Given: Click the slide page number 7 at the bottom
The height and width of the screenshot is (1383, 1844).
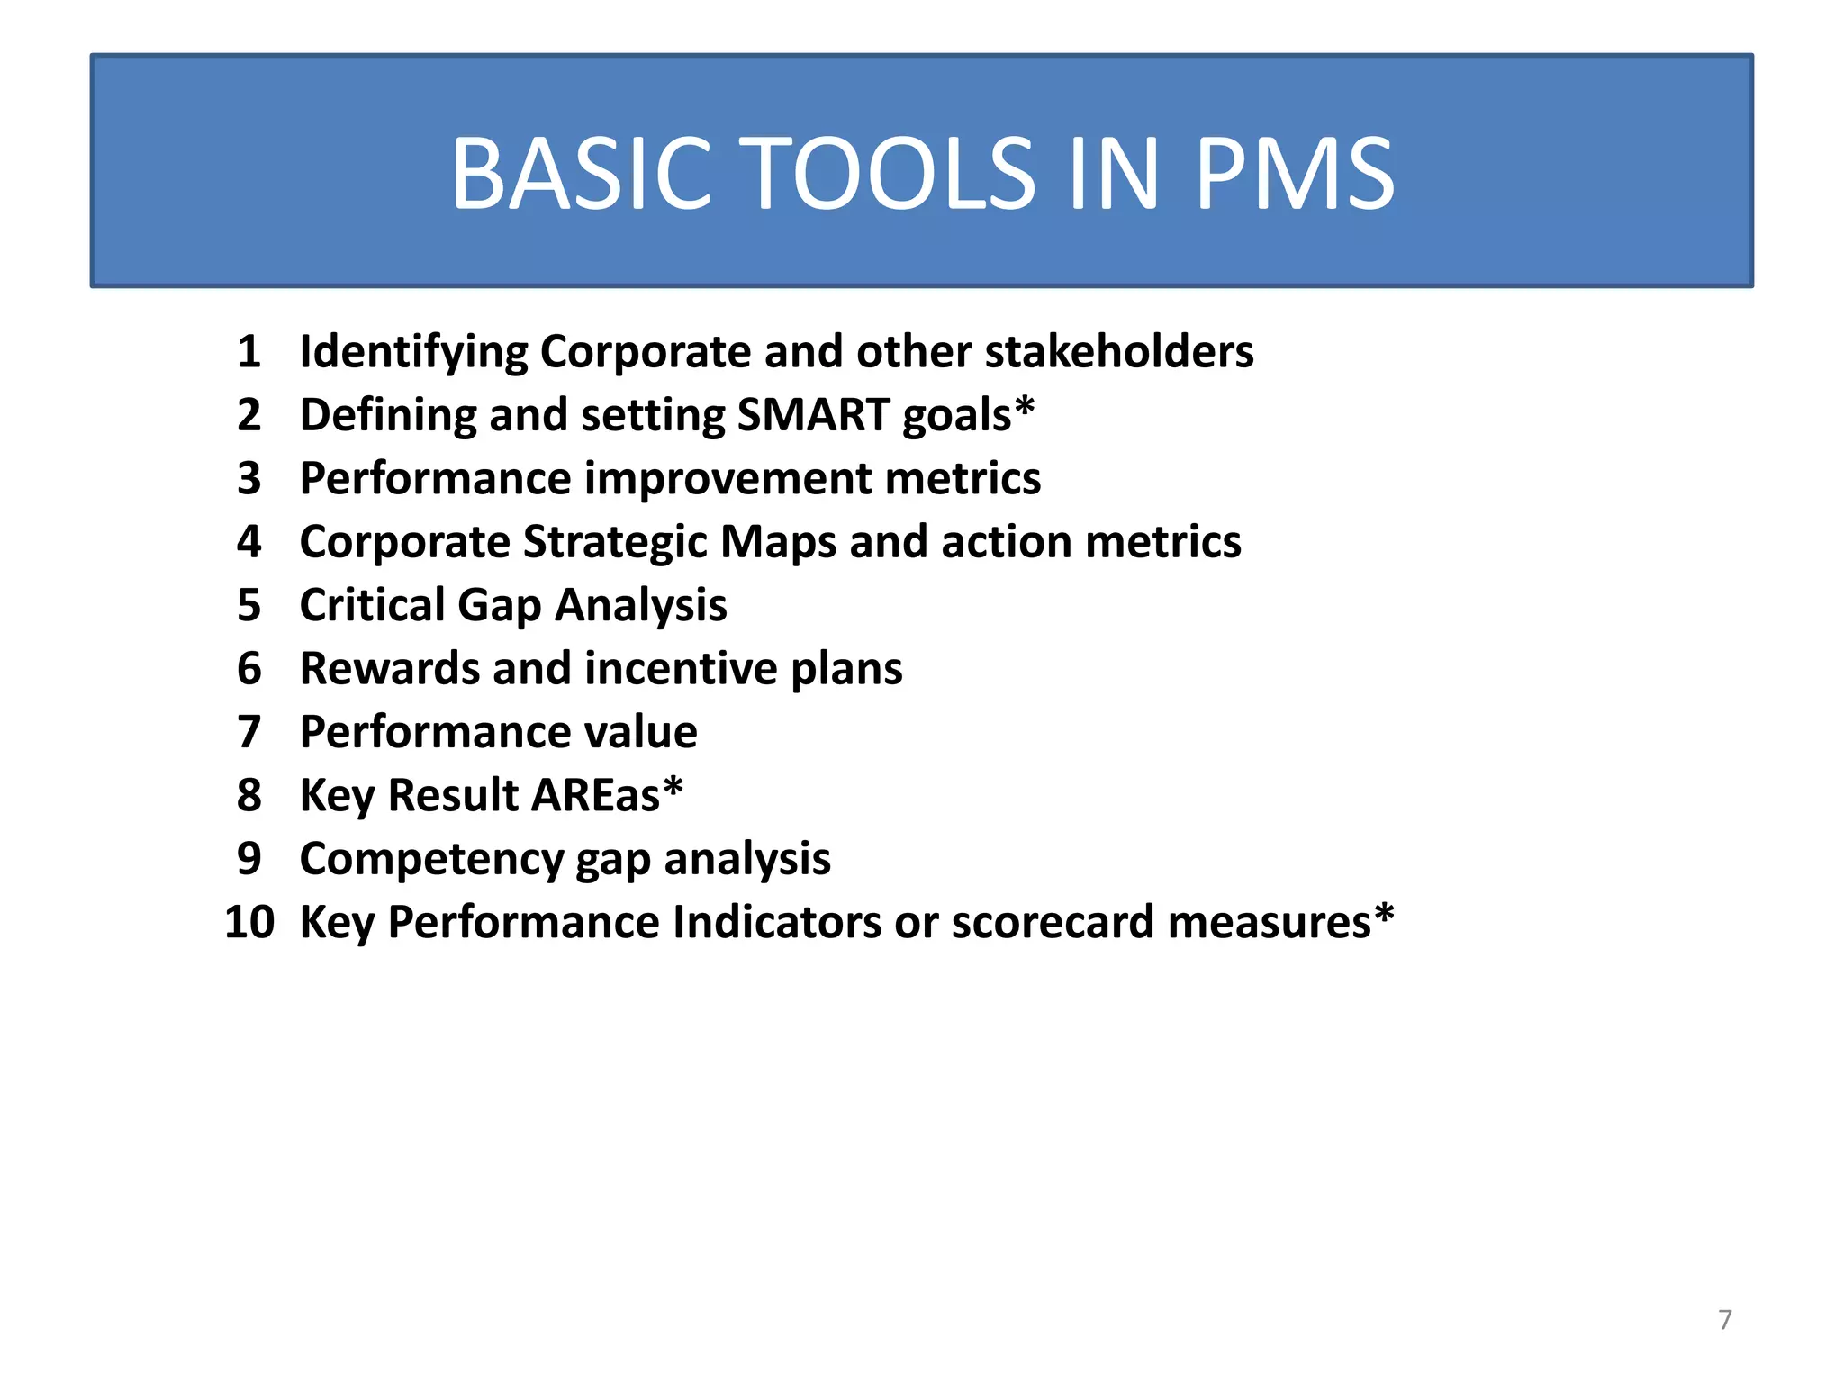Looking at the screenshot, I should (1725, 1319).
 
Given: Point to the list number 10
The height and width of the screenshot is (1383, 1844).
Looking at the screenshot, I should (249, 922).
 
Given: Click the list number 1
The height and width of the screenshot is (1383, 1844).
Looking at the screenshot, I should (249, 351).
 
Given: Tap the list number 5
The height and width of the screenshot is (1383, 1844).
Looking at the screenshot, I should (249, 605).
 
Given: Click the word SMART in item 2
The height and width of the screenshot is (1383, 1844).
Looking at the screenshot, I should (813, 415).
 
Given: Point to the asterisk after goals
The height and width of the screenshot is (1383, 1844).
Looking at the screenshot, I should (1025, 408).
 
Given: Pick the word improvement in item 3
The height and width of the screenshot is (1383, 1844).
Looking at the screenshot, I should (728, 478).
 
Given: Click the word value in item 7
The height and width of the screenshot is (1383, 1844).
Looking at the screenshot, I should (641, 732).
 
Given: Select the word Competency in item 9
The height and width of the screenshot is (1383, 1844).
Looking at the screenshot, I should (431, 859).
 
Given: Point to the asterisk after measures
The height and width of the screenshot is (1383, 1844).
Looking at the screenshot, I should (1384, 915).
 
